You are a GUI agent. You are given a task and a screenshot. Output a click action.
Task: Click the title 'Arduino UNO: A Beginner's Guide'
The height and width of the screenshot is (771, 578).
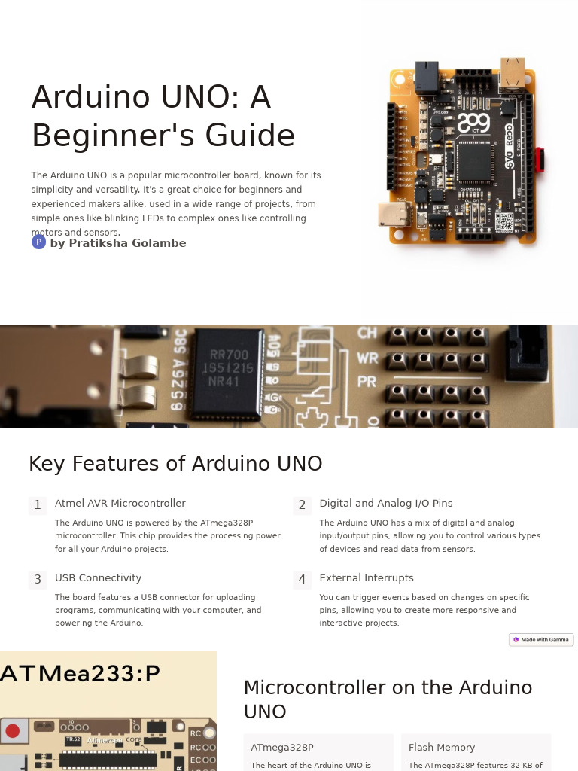coord(163,117)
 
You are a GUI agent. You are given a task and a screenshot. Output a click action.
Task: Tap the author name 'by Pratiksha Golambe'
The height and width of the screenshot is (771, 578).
coord(117,243)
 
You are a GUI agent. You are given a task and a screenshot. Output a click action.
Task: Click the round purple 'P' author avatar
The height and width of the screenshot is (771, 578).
coord(38,242)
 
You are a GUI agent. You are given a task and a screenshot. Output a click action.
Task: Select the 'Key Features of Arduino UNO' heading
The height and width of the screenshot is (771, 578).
coord(175,464)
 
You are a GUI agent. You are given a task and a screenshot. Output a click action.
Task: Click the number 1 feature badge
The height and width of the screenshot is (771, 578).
coord(38,505)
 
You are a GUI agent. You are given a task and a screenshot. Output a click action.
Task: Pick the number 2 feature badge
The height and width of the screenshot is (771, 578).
coord(302,505)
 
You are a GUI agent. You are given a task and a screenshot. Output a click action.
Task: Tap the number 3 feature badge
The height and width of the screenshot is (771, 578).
coord(38,580)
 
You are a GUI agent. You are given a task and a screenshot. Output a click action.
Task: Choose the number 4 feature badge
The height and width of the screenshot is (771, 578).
coord(302,580)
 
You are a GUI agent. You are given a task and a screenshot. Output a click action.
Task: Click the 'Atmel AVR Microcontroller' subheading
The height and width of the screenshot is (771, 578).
coord(120,504)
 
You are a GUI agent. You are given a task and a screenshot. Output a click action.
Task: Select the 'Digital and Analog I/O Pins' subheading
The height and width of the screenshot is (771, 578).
coord(385,504)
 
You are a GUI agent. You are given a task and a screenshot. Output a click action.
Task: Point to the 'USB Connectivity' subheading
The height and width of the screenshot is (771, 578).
coord(98,578)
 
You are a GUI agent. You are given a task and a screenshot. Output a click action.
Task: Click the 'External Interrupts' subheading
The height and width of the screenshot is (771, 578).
coord(366,578)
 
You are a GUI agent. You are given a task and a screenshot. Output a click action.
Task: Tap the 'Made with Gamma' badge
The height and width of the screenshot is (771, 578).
coord(541,640)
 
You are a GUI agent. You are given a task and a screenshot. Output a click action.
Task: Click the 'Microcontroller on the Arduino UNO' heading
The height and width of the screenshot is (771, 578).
coord(388,699)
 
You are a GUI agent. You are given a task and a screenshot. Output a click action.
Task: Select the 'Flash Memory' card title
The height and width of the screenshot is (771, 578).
coord(441,748)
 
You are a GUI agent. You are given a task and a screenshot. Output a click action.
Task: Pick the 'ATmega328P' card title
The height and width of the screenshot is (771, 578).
coord(281,748)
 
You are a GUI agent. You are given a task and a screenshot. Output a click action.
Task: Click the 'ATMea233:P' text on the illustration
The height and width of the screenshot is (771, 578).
coord(80,673)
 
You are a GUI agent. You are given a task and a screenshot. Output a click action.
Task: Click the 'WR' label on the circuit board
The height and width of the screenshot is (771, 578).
coord(367,357)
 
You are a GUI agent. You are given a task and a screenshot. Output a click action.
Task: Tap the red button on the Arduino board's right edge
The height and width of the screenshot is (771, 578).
coord(540,159)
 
